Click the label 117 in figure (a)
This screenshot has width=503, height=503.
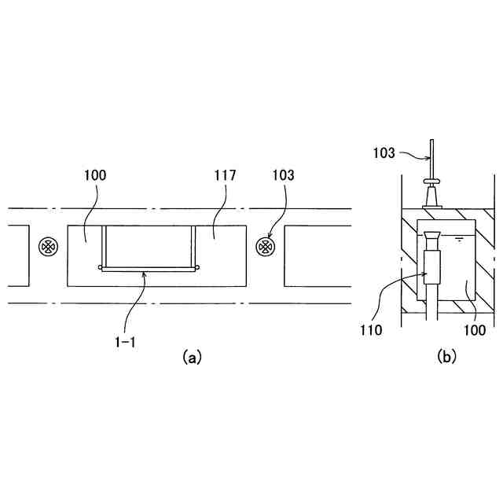tap(224, 175)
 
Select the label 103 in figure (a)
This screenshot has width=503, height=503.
tap(283, 175)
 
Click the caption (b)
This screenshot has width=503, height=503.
tap(446, 357)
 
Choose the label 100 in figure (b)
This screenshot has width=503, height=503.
tap(475, 331)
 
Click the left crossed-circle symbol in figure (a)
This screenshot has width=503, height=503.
tap(49, 247)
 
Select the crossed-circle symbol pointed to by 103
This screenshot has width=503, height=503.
tap(265, 247)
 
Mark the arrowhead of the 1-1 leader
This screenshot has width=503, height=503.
tap(143, 273)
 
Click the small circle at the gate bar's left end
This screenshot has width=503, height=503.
tap(101, 267)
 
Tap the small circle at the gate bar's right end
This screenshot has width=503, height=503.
tap(196, 267)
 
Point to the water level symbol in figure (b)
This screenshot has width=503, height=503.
tap(457, 237)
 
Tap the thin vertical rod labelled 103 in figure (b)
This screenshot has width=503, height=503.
tap(431, 157)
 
